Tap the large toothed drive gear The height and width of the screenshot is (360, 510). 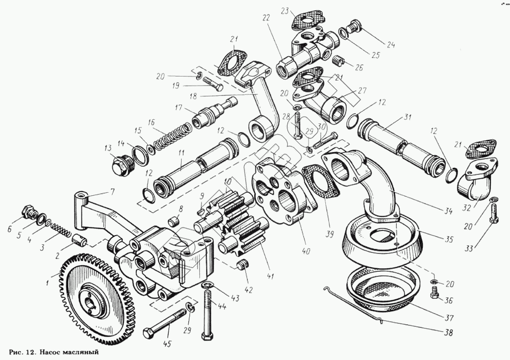click(x=97, y=301)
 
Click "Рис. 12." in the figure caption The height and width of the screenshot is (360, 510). click(x=23, y=352)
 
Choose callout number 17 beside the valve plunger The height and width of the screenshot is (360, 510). click(x=178, y=108)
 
